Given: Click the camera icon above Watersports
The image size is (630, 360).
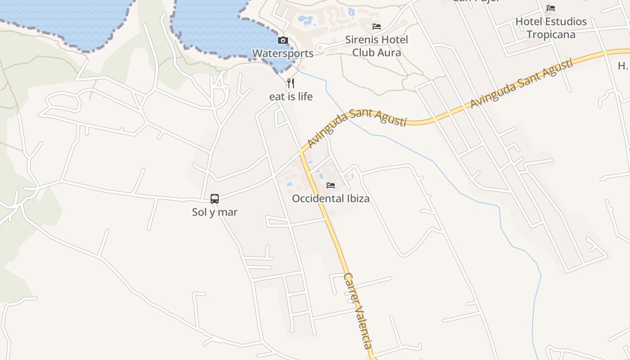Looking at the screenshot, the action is click(283, 40).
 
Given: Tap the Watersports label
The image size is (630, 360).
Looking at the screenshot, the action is click(283, 53).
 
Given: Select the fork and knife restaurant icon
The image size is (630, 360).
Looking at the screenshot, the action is click(291, 83).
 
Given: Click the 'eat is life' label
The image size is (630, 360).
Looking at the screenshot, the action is click(291, 96).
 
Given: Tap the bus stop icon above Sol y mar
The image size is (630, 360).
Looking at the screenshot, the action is click(215, 199).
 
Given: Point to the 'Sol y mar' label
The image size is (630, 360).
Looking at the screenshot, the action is click(215, 212).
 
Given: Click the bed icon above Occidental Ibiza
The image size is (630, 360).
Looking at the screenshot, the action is click(331, 185).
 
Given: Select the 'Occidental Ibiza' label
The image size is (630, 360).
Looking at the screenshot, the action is click(331, 198).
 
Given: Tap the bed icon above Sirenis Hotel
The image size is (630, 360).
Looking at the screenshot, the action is click(377, 27).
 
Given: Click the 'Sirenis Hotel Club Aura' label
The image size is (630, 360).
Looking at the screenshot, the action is click(377, 46).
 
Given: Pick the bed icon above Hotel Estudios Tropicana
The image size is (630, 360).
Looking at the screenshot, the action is click(551, 8).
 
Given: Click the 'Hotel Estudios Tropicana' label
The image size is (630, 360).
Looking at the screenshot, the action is click(551, 28).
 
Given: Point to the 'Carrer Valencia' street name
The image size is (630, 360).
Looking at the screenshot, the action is click(358, 310).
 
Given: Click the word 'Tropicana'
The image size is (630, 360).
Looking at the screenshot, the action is click(551, 35).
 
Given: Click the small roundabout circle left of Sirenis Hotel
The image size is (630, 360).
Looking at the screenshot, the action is click(320, 47).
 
